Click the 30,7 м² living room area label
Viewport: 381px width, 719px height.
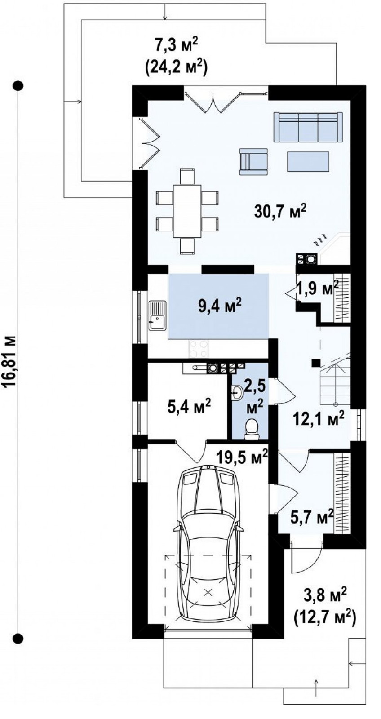point(280,212)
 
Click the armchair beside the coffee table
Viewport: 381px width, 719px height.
point(253,161)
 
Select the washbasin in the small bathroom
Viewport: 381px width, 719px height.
point(236,392)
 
